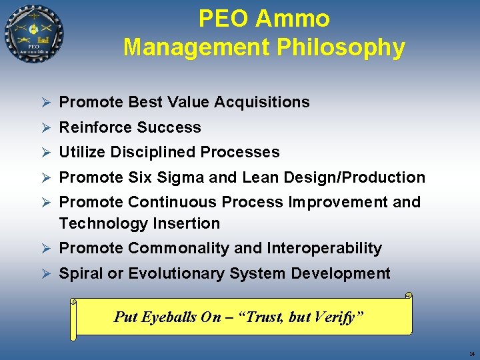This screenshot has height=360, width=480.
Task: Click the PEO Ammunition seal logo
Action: (34, 34)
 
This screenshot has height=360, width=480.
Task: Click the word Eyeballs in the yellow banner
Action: (173, 317)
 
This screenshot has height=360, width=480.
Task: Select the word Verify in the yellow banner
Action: (340, 317)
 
